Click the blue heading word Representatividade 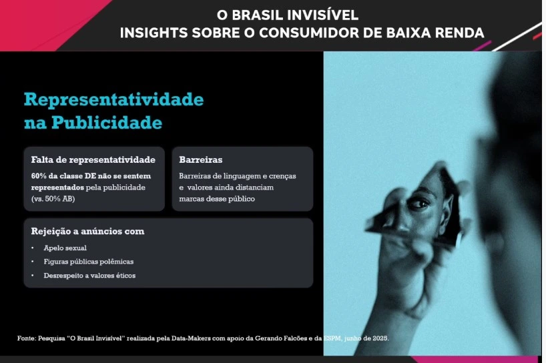[x=114, y=100]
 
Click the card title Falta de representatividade [x=93, y=159]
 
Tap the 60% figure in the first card [x=39, y=176]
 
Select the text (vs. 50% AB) [x=53, y=199]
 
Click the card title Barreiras [x=200, y=159]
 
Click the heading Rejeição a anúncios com [x=87, y=232]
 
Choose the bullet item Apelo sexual [x=65, y=248]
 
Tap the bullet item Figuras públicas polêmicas [x=89, y=262]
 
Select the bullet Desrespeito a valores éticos [x=89, y=276]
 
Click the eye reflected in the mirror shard [x=419, y=204]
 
